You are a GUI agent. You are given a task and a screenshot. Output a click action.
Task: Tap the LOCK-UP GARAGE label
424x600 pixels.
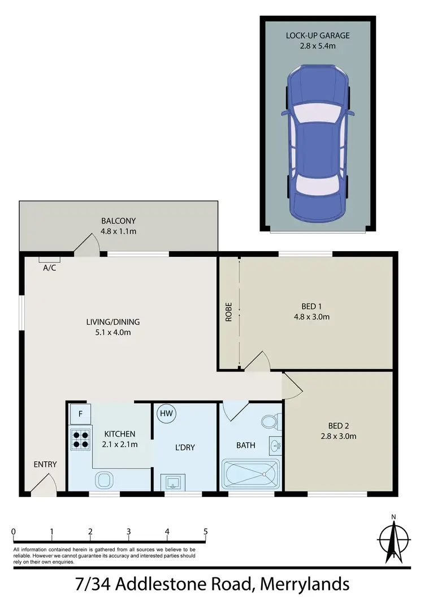click(317, 36)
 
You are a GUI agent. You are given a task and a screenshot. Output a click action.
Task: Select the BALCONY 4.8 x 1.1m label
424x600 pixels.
click(118, 226)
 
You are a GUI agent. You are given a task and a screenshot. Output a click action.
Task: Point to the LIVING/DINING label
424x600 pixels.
click(113, 322)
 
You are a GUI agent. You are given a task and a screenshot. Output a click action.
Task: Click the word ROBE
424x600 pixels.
click(229, 312)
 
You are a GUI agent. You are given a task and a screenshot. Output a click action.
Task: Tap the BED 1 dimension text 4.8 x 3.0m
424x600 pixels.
click(311, 317)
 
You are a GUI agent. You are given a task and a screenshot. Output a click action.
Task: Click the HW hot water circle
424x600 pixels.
click(166, 413)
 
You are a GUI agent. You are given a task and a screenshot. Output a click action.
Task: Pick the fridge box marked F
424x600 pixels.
click(80, 414)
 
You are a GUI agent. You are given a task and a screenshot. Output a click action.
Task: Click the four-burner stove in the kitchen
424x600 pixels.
click(80, 439)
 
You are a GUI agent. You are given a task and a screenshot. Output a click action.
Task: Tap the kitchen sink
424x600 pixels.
click(104, 481)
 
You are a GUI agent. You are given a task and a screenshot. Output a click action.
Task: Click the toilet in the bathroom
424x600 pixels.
click(269, 422)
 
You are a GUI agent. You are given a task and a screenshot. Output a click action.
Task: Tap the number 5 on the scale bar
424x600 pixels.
click(206, 532)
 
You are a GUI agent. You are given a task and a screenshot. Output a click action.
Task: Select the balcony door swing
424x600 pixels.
click(88, 244)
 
